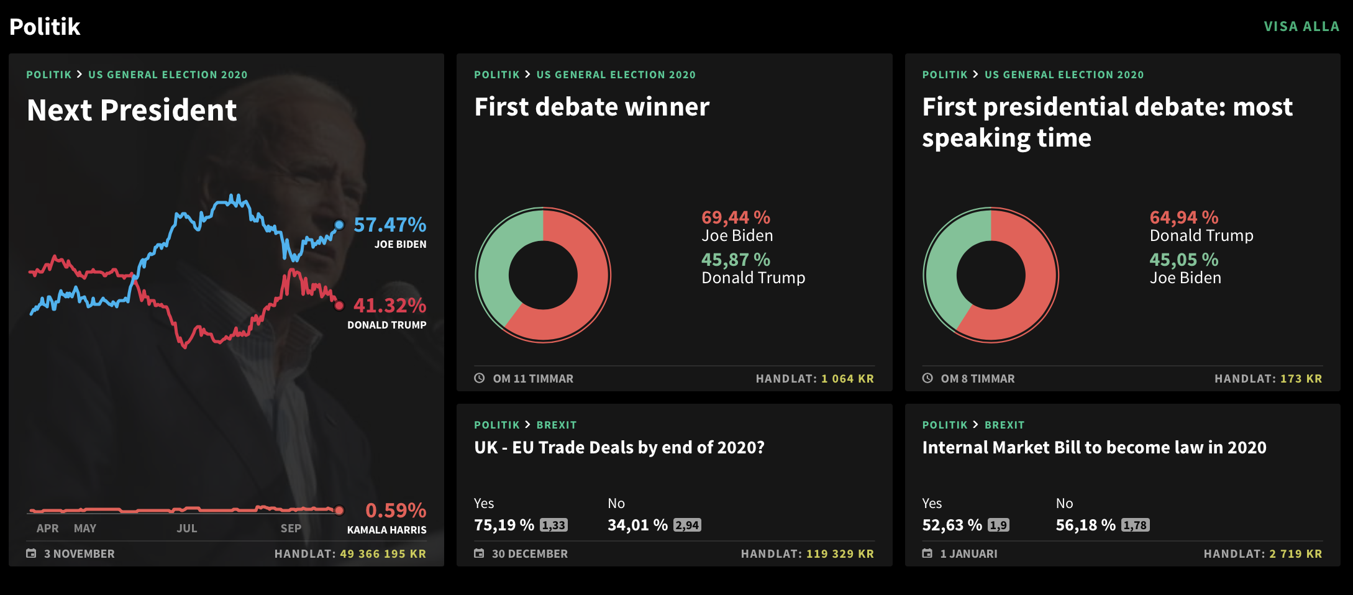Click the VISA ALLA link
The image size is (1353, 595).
[1301, 27]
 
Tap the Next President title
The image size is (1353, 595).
[132, 111]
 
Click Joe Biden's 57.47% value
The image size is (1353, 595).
[389, 225]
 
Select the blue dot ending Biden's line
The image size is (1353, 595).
[339, 225]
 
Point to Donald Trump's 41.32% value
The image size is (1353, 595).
[389, 306]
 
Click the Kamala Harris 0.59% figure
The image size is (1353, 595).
[396, 511]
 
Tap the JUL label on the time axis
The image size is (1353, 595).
[186, 529]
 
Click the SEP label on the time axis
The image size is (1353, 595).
[291, 529]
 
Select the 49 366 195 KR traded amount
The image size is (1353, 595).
[383, 554]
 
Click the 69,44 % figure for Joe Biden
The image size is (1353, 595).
[736, 217]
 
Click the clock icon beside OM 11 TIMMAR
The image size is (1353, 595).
[480, 378]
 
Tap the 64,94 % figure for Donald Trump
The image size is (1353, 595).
[1183, 217]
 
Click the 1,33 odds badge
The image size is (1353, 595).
[553, 525]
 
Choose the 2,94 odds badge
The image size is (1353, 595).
[687, 525]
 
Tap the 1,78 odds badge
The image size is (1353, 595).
[1135, 525]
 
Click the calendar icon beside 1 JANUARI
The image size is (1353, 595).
[927, 553]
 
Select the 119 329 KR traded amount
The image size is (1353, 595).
[840, 554]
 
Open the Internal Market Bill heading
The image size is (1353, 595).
[1094, 448]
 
